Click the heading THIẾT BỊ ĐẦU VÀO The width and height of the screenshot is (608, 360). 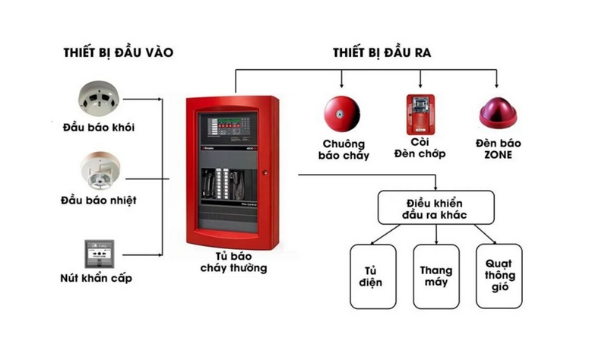[119, 52]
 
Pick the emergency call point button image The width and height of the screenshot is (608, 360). [100, 253]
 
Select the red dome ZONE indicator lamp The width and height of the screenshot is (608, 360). [498, 113]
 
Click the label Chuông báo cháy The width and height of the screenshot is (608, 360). [344, 150]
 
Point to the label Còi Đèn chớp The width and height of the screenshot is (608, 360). [420, 148]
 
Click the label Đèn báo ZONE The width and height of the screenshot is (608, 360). [498, 148]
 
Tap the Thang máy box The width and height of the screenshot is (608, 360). [435, 276]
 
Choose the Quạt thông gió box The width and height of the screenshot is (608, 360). [499, 276]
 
